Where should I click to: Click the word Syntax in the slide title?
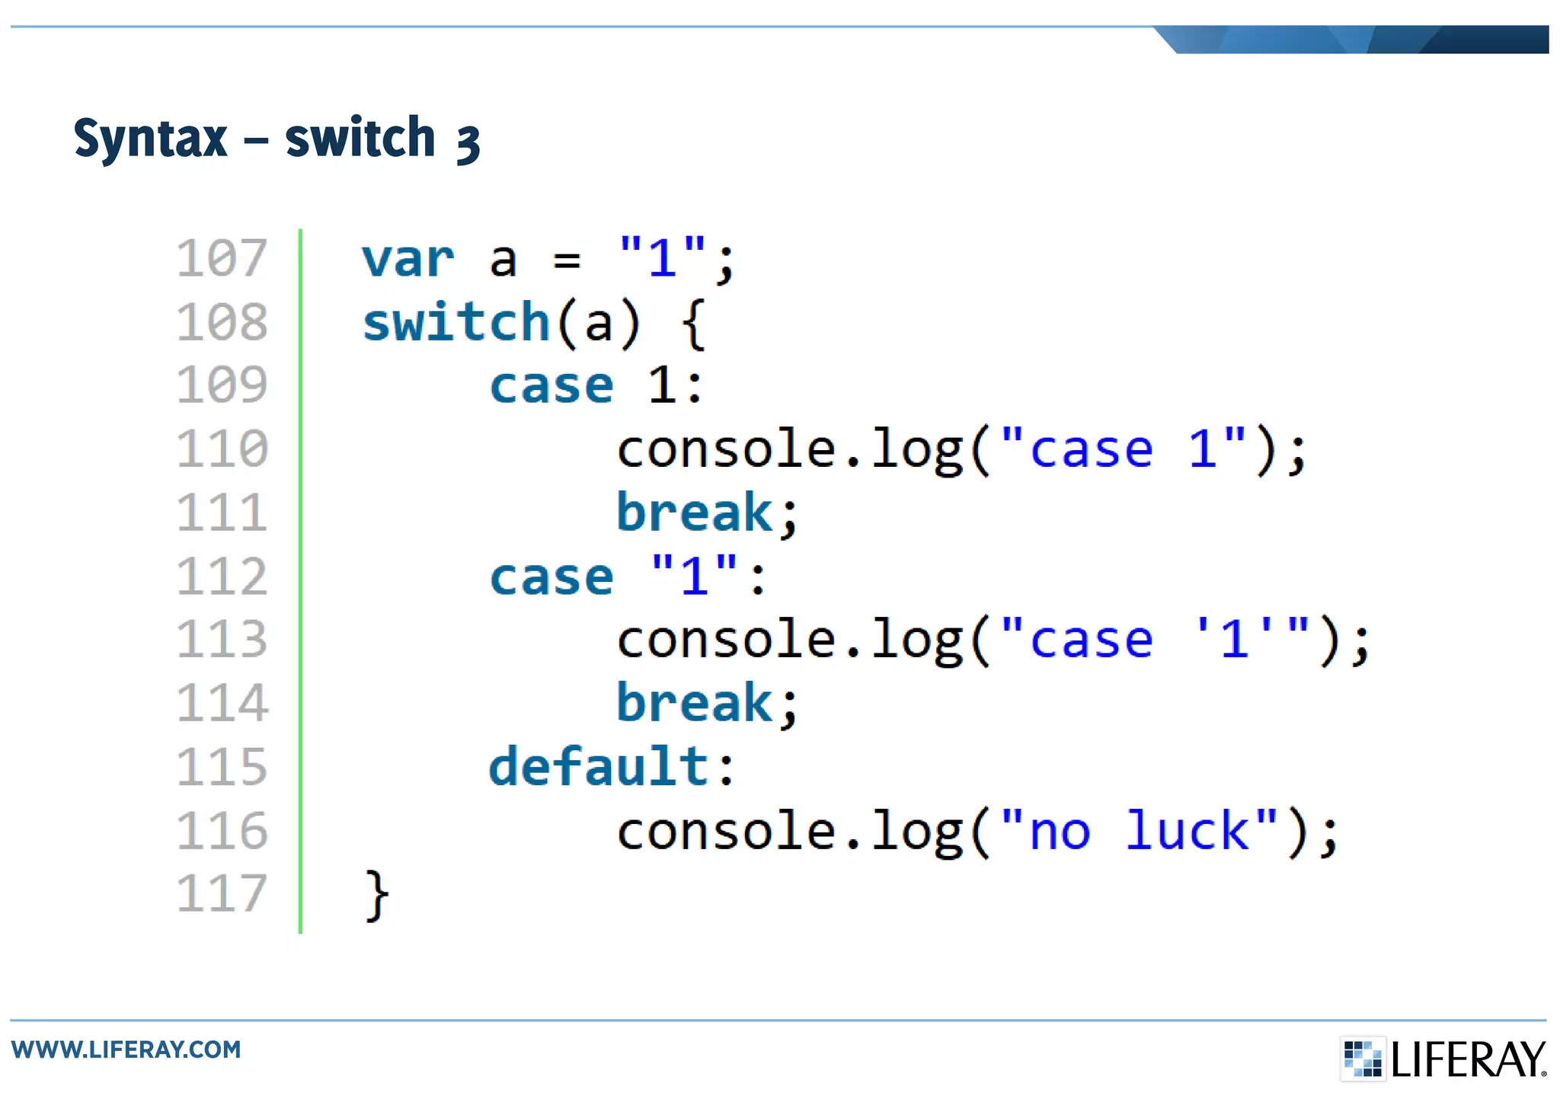pos(150,139)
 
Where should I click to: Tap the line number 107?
pos(222,258)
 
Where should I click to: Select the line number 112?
pos(222,577)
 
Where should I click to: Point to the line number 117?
pos(222,893)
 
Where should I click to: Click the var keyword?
pos(408,260)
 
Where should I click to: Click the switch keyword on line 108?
pos(456,323)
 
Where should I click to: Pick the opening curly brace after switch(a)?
pos(693,324)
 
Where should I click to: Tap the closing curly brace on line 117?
pos(377,896)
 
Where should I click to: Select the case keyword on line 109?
pos(551,386)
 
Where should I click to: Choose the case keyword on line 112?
pos(551,577)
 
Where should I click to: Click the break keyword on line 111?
pos(695,513)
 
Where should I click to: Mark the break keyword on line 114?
pos(695,703)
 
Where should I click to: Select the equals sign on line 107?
pos(567,260)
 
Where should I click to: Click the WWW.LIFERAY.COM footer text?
pos(126,1049)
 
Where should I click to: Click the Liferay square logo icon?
pos(1362,1059)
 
